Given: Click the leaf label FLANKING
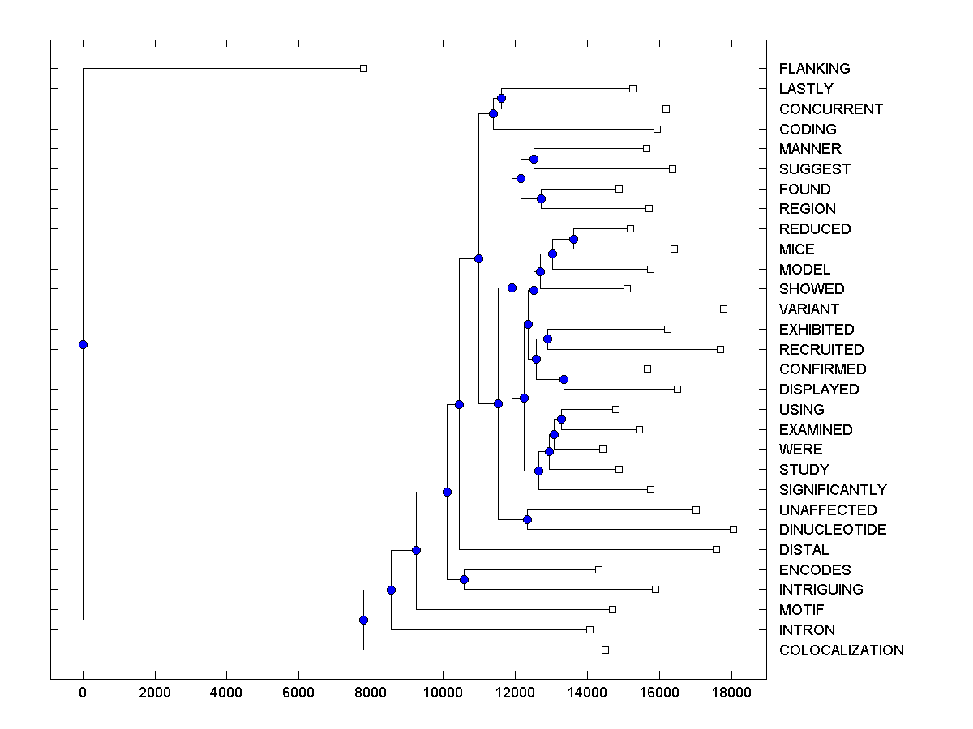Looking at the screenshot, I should pos(814,69).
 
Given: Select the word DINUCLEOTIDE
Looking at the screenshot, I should pos(832,530).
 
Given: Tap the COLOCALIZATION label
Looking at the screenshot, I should pos(841,650).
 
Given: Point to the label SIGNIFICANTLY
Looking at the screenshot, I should pos(833,490).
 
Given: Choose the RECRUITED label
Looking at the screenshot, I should pos(821,350).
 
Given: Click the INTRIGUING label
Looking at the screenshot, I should pos(821,590).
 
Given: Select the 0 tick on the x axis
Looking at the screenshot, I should pos(83,691).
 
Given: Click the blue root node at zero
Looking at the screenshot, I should pos(83,344).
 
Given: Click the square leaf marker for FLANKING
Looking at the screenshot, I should pos(363,68).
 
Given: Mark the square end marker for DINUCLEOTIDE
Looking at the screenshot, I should pos(733,529).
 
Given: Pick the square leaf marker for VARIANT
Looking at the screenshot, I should pos(723,309).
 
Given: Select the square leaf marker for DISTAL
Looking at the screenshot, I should pos(716,549).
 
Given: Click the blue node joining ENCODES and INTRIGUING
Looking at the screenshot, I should pos(464,579).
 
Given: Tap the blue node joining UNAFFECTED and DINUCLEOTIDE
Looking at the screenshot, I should pos(527,519).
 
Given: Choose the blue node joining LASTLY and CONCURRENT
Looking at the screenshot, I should pos(501,98).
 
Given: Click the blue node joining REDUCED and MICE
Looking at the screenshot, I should pos(573,239).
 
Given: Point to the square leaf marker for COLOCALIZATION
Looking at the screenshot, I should pos(605,650).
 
